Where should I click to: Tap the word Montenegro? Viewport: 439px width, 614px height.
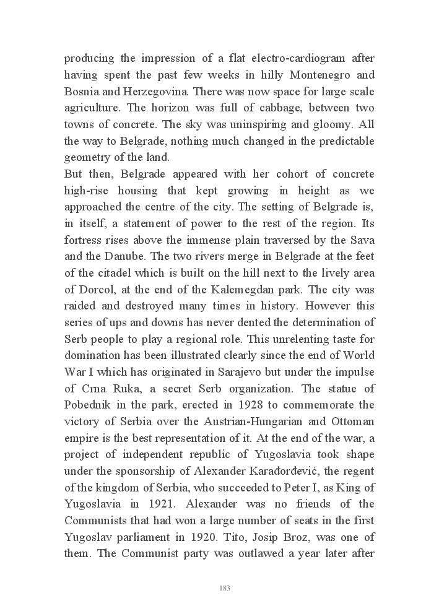coord(303,76)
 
